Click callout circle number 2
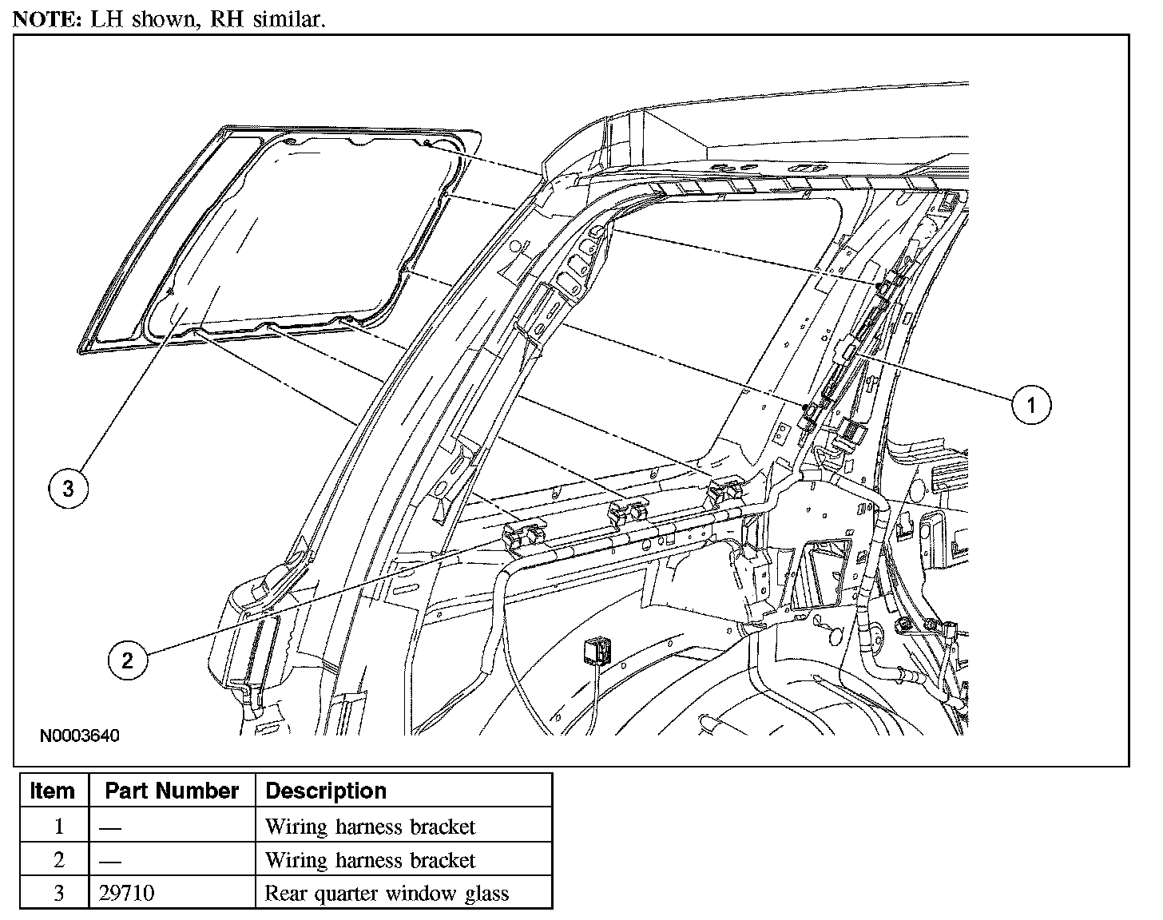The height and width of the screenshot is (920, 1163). coord(129,660)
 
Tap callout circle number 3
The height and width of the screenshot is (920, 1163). coord(68,488)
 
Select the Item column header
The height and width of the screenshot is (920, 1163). coord(52,791)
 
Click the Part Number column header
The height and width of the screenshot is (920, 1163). coord(172,791)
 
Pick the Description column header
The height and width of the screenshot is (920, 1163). coord(326,791)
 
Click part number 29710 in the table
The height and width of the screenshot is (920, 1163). coord(127,893)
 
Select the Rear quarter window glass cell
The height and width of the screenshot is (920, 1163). coord(387,893)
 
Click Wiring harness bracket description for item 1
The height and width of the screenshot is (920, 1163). coord(370,826)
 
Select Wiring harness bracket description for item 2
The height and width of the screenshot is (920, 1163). coord(370,860)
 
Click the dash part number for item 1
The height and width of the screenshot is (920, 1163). coord(110,827)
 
